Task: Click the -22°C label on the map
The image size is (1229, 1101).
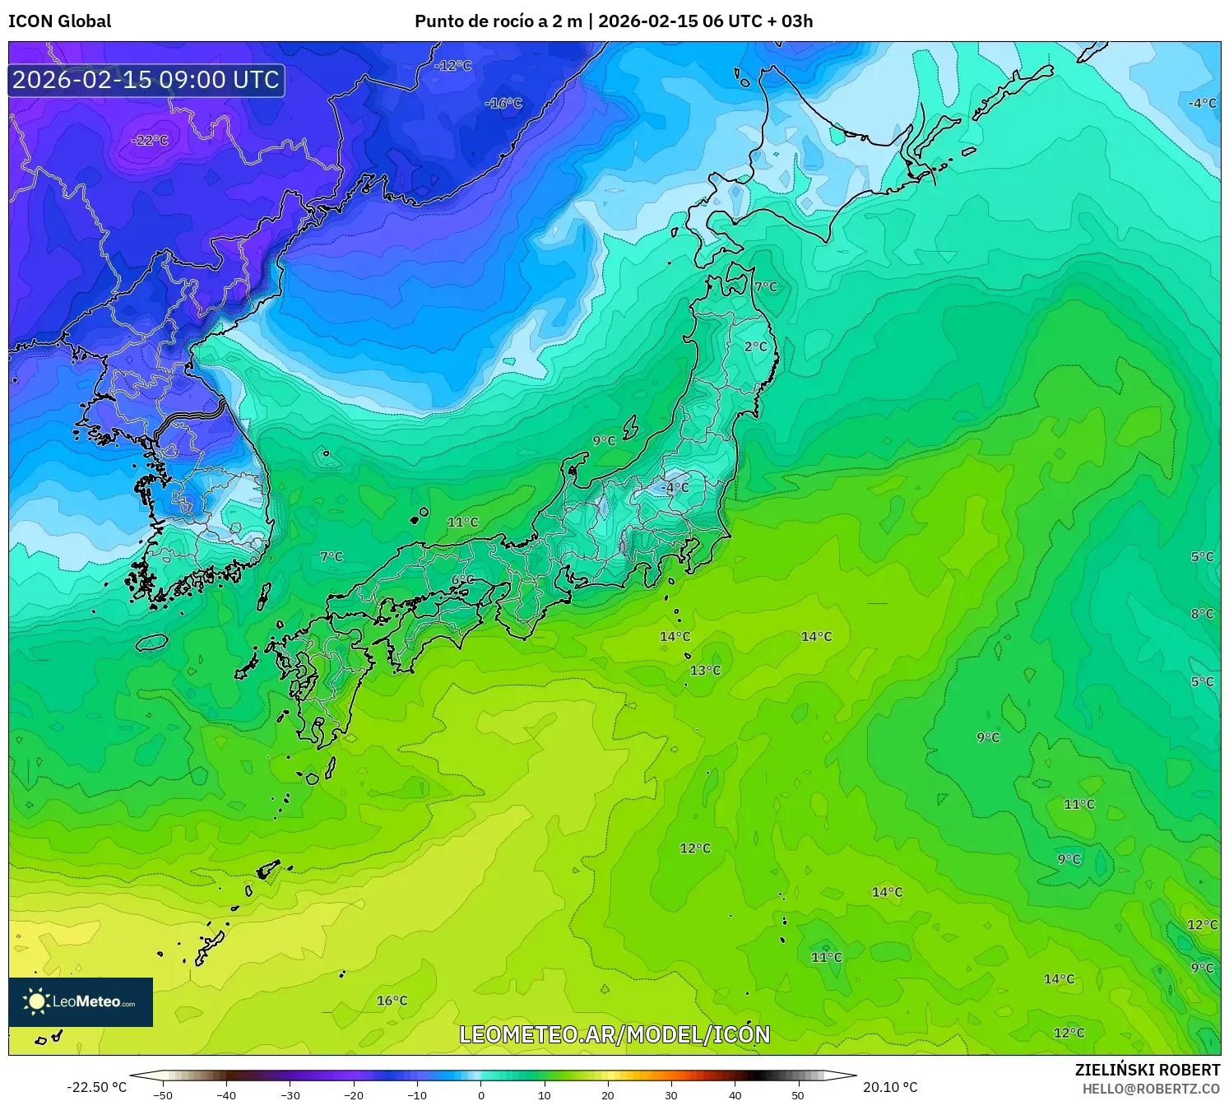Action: (150, 141)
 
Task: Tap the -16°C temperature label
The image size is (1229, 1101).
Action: (503, 104)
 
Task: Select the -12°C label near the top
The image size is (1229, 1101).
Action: (453, 66)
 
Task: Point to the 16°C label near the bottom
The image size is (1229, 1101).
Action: (392, 1001)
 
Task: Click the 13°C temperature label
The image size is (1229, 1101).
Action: (705, 671)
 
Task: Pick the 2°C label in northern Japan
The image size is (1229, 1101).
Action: (756, 347)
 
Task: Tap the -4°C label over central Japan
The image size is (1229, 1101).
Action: (675, 487)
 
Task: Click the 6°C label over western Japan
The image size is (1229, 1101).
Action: (462, 580)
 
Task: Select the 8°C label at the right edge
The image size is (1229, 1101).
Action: (1203, 614)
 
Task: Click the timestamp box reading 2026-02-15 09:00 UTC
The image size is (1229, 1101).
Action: (146, 80)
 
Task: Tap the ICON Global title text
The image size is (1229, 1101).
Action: (59, 21)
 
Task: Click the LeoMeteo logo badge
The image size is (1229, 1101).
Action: (81, 1001)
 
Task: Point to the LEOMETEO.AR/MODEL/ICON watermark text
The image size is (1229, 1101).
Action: (614, 1034)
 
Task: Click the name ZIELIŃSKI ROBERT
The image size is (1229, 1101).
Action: (1148, 1070)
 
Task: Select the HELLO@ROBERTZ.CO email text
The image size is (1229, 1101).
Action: (1151, 1089)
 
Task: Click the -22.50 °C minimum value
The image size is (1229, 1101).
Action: (97, 1087)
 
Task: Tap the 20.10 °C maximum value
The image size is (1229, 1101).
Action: (890, 1087)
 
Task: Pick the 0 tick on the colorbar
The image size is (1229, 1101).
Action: (481, 1095)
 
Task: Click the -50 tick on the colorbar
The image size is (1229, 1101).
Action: (163, 1095)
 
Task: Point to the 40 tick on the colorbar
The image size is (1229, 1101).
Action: (735, 1095)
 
